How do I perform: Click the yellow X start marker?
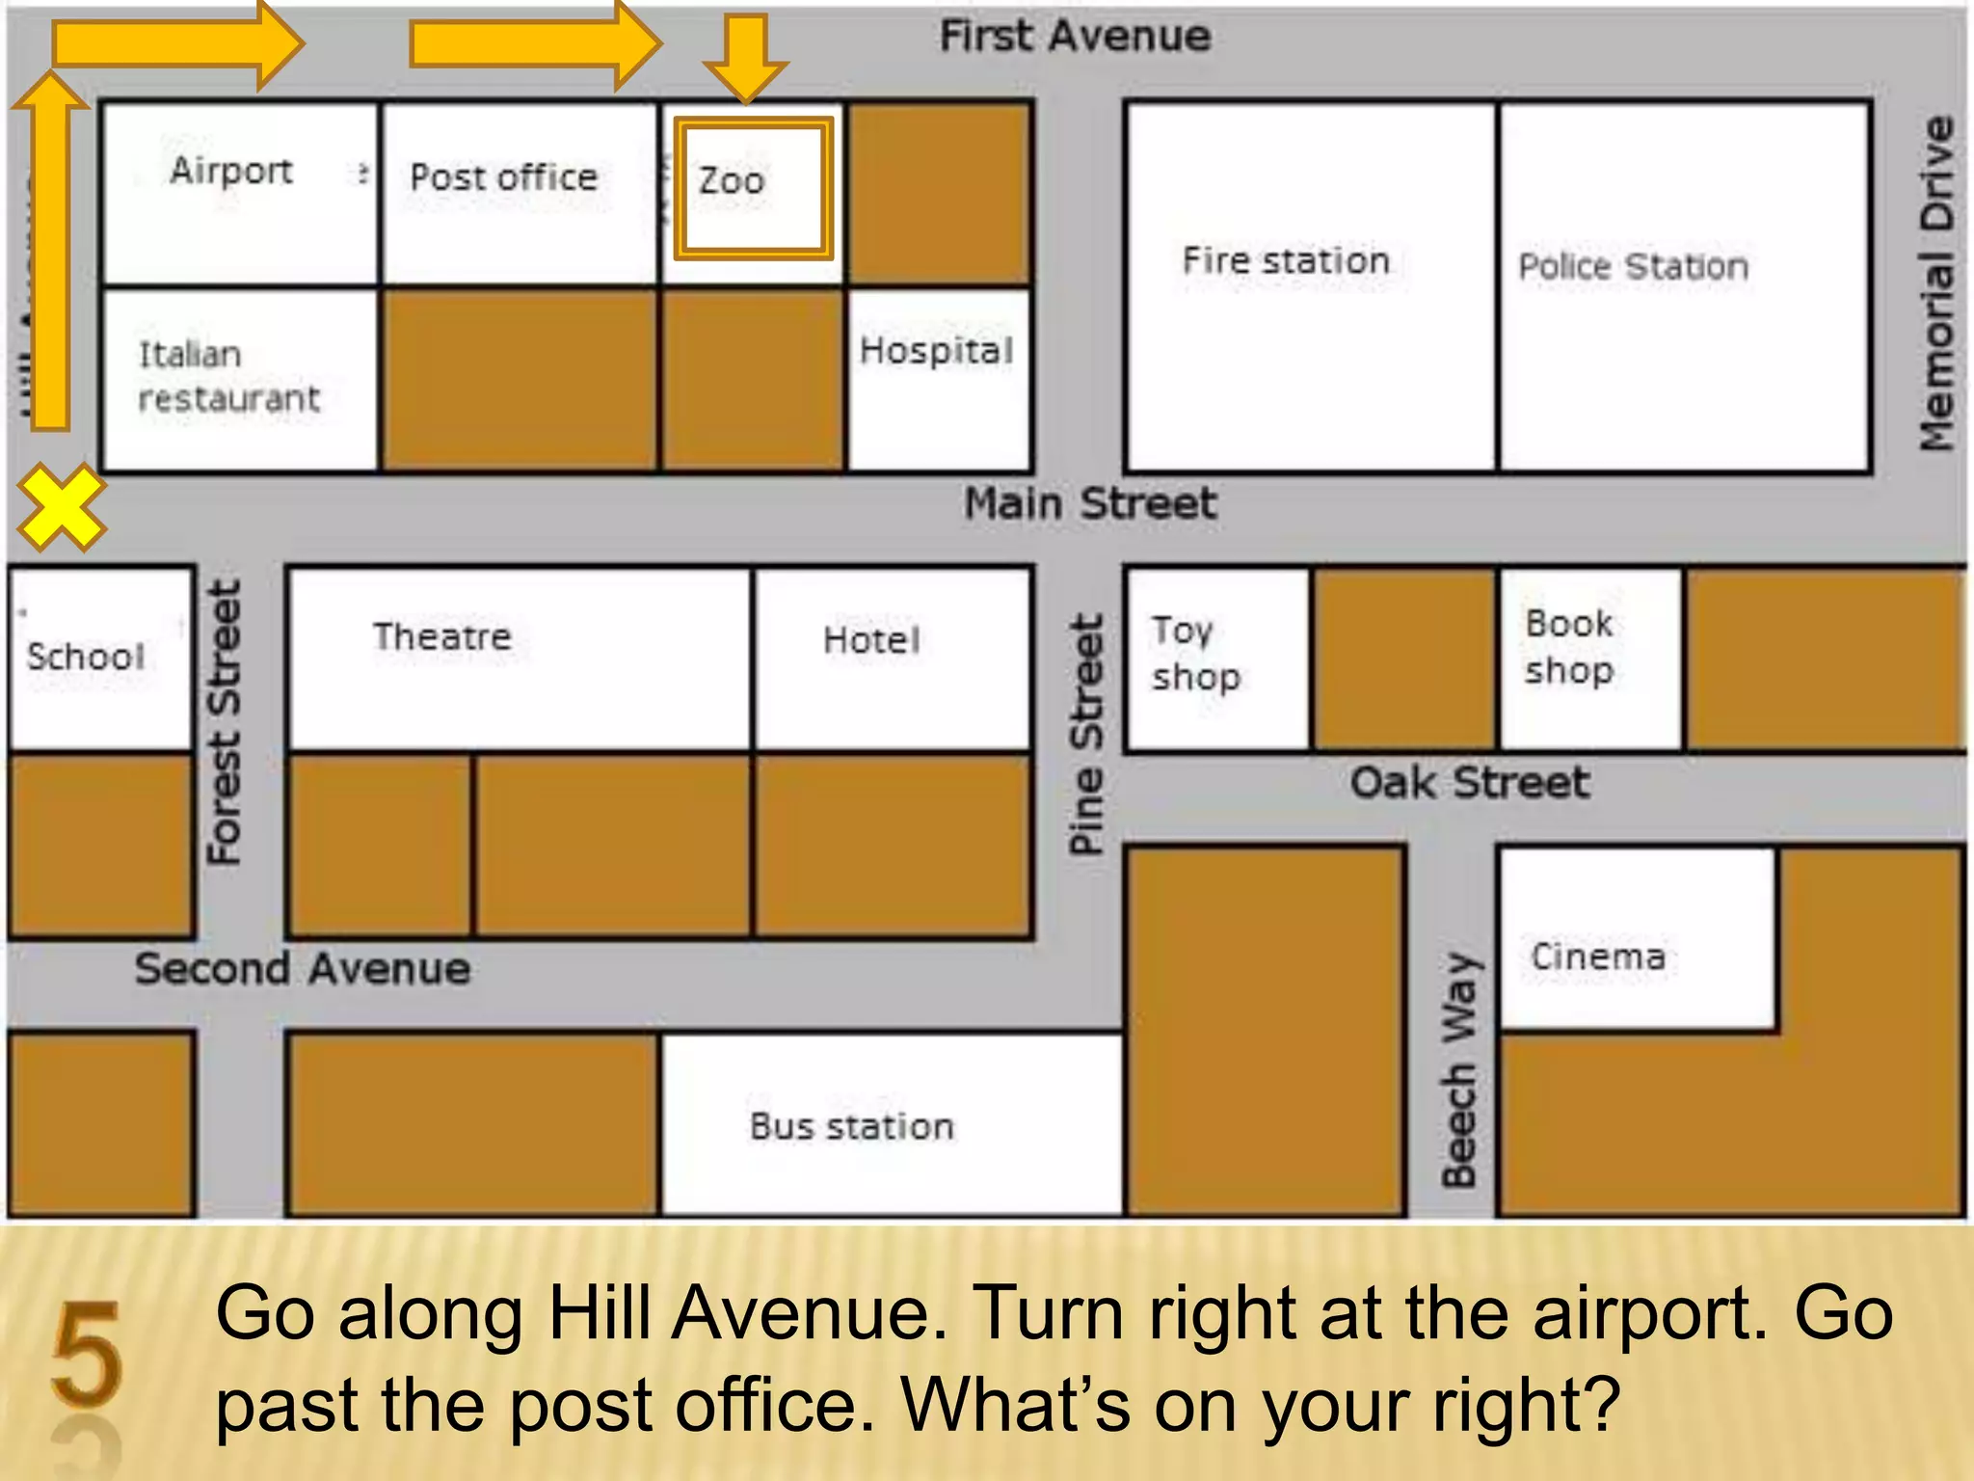click(x=61, y=507)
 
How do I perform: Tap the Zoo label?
click(x=732, y=181)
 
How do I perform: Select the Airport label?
click(x=231, y=171)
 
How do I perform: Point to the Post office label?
click(x=503, y=177)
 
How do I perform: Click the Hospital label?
click(x=936, y=351)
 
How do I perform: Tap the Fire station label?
click(x=1286, y=260)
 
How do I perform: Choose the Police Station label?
click(x=1634, y=266)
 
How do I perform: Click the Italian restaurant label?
click(x=228, y=376)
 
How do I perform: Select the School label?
click(x=86, y=657)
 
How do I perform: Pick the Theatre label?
click(x=442, y=636)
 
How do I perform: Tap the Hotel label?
click(x=871, y=640)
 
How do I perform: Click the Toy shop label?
click(x=1195, y=653)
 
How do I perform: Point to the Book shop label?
click(x=1569, y=647)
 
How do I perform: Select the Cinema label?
click(x=1598, y=956)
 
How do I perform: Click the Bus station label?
click(x=852, y=1126)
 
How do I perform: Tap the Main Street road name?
click(x=1090, y=503)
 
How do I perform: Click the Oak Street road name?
click(x=1469, y=782)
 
